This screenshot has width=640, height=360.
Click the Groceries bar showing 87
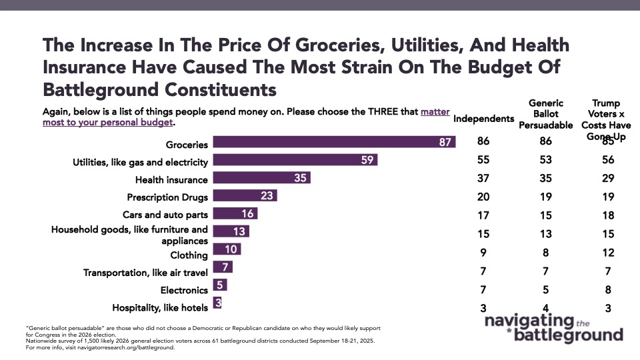click(333, 143)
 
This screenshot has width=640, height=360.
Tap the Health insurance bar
click(261, 179)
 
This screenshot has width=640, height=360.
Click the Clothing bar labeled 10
click(226, 250)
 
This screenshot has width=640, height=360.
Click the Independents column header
click(484, 119)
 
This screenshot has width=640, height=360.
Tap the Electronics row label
click(184, 291)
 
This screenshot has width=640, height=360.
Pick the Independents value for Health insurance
click(484, 178)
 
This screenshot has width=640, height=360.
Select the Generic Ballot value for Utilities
click(546, 160)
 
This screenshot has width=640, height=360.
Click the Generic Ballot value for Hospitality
click(546, 307)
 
